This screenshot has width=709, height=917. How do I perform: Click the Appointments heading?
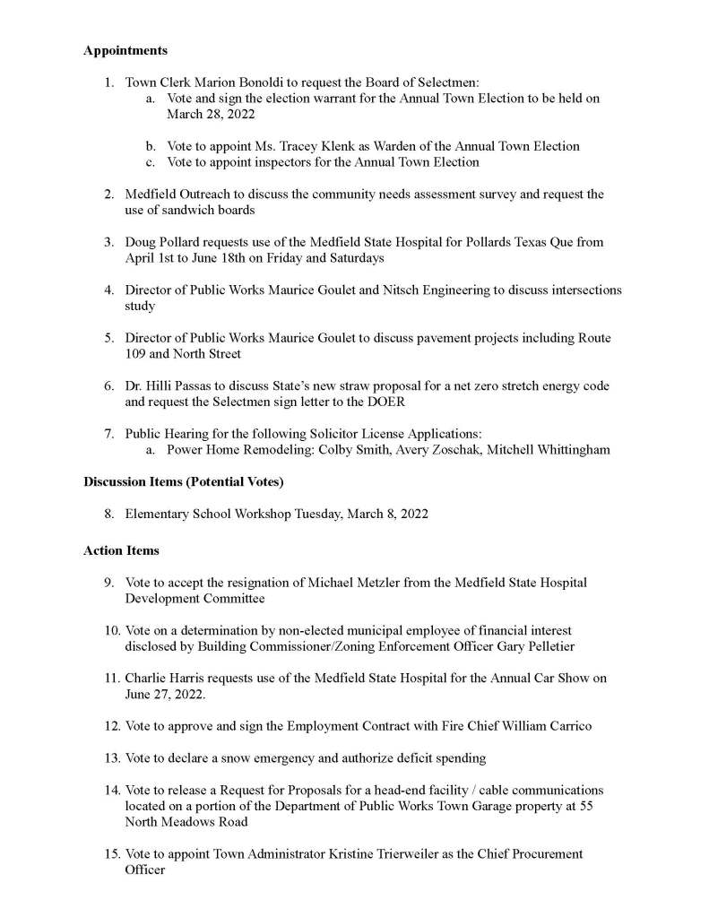point(125,51)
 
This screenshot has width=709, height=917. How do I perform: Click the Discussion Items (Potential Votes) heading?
point(184,482)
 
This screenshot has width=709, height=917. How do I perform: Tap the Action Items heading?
point(121,550)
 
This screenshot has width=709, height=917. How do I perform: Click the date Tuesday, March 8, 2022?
point(353,515)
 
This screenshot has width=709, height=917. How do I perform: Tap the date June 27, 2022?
point(160,694)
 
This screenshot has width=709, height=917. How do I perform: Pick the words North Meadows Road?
point(186,822)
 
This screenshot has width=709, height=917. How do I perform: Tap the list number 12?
point(111,726)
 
